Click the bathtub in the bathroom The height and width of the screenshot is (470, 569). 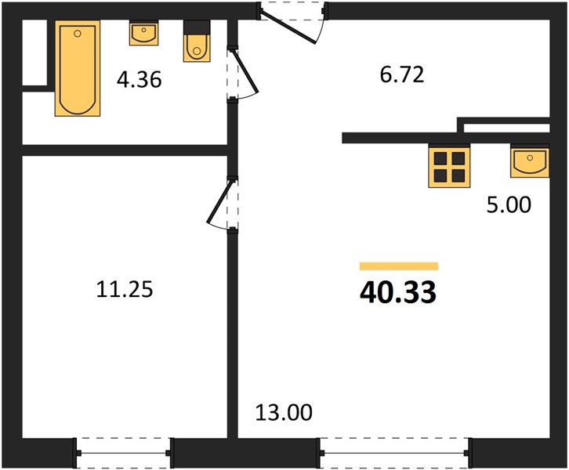pos(78,68)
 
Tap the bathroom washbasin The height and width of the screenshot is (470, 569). pos(144,34)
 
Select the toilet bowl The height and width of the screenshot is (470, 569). pos(197,49)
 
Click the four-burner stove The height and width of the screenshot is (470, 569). pos(449,167)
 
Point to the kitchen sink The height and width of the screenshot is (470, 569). pos(530,162)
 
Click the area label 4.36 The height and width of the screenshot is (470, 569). pos(140,80)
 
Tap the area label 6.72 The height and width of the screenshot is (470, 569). pos(402,74)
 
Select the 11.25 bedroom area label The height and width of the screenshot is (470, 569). pos(125,290)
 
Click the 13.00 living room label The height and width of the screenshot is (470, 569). pos(284,413)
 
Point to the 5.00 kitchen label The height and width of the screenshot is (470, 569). pos(509,204)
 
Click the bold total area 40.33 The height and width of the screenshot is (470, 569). pos(398,292)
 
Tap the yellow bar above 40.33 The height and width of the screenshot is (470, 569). pos(399,266)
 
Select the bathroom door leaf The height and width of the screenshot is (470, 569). pos(245,71)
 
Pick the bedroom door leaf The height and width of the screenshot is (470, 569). pos(219,201)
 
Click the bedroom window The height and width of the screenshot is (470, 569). pos(123,453)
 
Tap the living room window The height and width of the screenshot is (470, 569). pos(394,453)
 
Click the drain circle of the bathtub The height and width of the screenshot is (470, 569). pos(77,34)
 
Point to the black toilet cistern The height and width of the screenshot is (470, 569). pos(197,27)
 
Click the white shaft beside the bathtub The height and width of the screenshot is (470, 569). pos(34,52)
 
